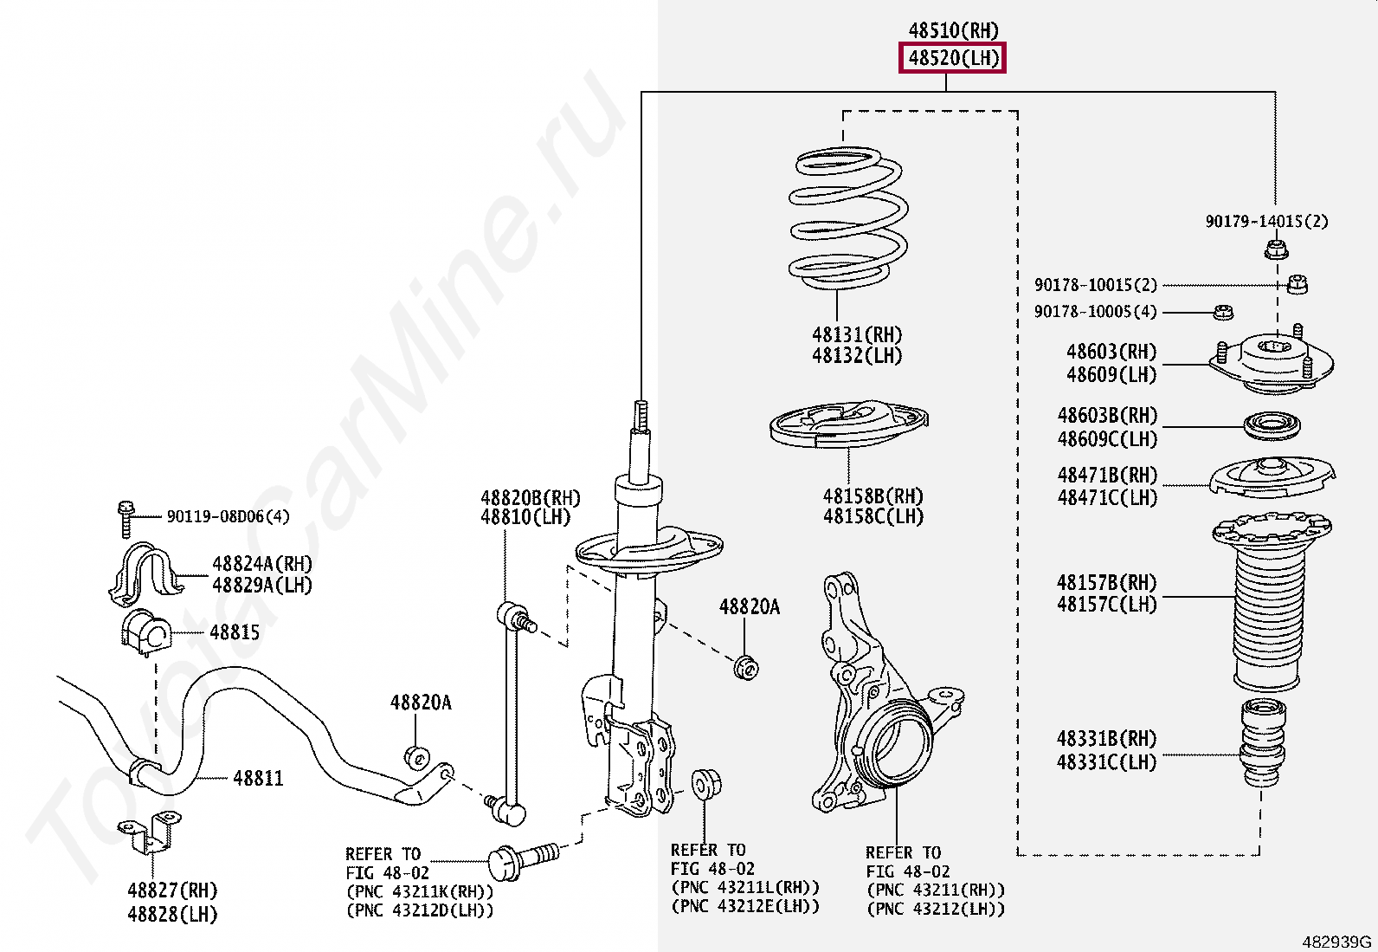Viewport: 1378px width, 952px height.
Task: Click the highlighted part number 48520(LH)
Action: [x=952, y=59]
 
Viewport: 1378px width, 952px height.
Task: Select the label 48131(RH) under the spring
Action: [x=856, y=334]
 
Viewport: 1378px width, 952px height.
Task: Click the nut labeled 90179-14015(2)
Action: [x=1275, y=251]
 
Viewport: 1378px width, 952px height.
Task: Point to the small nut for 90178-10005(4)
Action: [x=1223, y=312]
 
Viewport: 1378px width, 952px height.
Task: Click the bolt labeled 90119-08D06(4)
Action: [x=126, y=516]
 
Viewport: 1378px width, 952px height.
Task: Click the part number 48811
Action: [x=258, y=779]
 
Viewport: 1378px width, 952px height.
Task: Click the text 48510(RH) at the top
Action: [x=953, y=31]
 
